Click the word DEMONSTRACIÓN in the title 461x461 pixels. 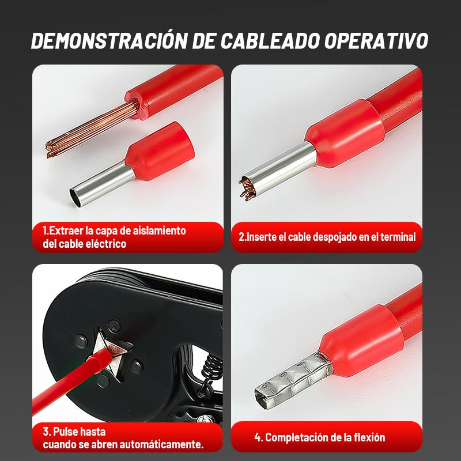(x=109, y=40)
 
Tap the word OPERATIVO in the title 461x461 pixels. (x=376, y=40)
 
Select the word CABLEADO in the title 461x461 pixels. (x=270, y=40)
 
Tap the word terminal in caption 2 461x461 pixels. (x=398, y=237)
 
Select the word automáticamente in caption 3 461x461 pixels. (x=162, y=444)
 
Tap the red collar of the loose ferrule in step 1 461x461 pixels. (x=160, y=151)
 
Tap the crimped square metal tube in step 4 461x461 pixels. (x=293, y=379)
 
